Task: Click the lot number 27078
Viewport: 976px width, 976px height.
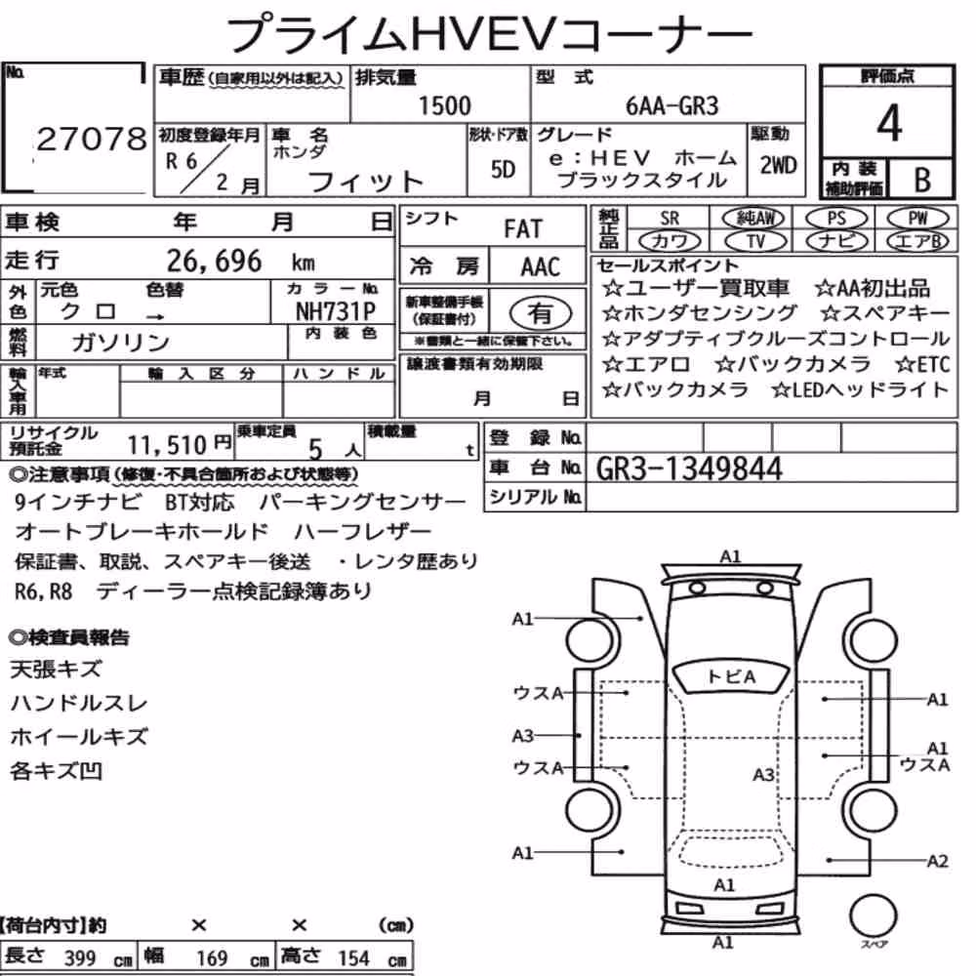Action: click(x=92, y=139)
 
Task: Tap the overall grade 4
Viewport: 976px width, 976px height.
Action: click(x=889, y=123)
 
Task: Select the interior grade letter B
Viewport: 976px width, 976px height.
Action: click(x=922, y=180)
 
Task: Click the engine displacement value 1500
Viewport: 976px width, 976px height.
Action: click(x=444, y=105)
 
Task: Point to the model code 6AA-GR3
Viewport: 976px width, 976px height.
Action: click(x=671, y=105)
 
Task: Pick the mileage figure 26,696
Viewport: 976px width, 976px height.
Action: click(x=214, y=261)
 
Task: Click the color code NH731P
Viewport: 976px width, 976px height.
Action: click(x=336, y=310)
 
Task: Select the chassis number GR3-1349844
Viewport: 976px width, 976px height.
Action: click(x=688, y=468)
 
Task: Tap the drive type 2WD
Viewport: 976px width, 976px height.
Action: click(x=778, y=165)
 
